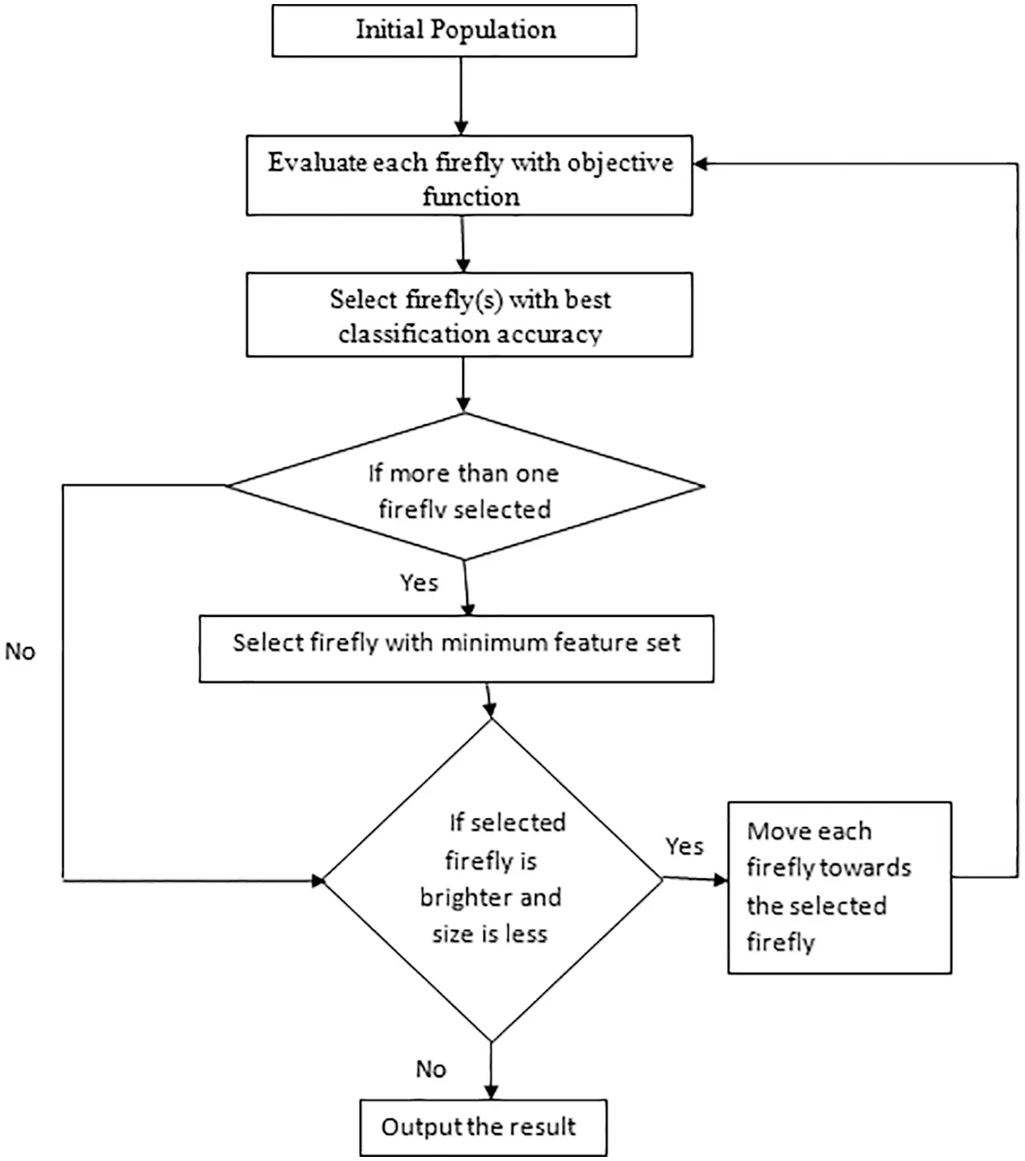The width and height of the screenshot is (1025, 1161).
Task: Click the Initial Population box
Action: pos(454,30)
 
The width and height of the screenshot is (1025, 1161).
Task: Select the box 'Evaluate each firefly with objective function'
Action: pos(470,176)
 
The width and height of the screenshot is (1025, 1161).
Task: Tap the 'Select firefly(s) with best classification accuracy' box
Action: pos(470,315)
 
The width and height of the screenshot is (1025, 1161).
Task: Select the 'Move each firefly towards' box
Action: pos(840,887)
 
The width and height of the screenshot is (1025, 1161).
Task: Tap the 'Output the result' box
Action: pos(483,1128)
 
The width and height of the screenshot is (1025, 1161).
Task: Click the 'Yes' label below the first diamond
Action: pos(419,583)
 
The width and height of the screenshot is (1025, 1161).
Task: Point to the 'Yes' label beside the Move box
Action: pos(684,846)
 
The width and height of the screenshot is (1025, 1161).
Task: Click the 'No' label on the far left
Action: pos(20,652)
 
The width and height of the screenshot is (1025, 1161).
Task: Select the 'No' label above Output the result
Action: pos(430,1069)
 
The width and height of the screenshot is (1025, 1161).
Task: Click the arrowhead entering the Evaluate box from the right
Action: pos(701,164)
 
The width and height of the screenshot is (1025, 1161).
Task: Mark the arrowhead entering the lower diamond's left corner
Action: pos(318,881)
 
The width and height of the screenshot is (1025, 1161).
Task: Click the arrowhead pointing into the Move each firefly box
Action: pos(720,880)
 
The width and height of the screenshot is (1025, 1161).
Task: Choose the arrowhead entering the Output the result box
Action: pos(491,1092)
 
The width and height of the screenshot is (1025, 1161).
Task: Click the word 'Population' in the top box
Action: pos(493,30)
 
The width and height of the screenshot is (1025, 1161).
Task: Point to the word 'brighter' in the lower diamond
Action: pos(490,898)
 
